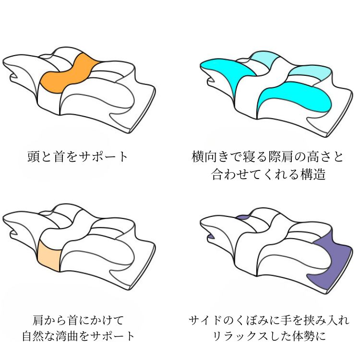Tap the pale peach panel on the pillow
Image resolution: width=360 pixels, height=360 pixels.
tap(49, 255)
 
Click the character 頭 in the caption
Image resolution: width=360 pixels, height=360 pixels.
tap(34, 156)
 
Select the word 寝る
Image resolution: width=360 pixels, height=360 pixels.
tap(255, 156)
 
